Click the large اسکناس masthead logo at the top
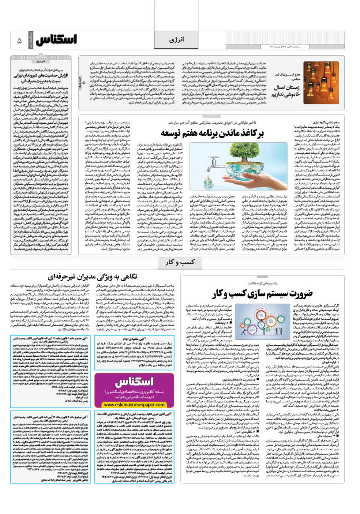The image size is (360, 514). click(56, 40)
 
